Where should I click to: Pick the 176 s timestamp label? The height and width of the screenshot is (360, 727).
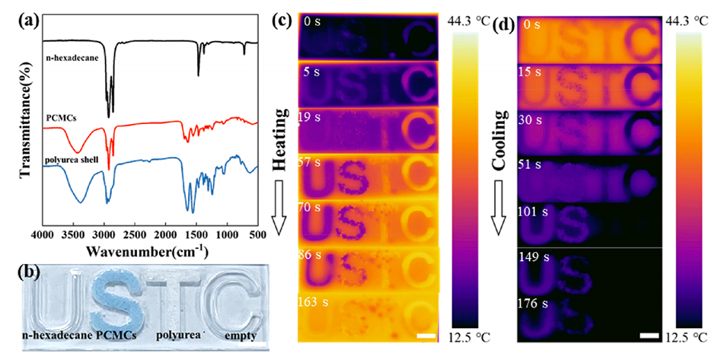(533, 304)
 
